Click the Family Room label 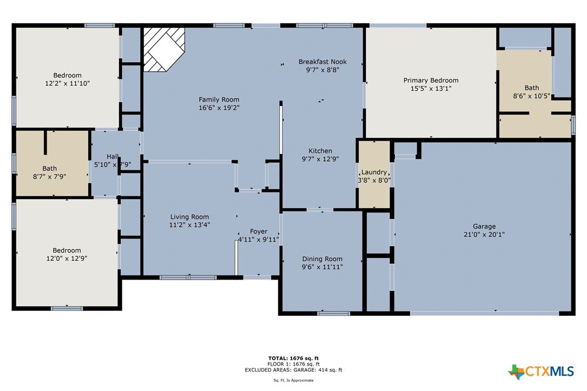219,100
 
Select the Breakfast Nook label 322,62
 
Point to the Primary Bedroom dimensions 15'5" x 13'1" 431,89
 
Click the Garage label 484,227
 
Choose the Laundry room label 374,172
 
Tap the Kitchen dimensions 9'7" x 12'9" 320,159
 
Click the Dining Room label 322,259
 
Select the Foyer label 259,231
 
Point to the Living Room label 189,217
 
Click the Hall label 113,156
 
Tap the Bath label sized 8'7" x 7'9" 49,168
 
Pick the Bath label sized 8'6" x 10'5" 532,88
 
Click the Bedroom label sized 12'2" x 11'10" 68,75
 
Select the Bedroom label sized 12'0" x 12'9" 67,250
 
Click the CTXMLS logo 541,372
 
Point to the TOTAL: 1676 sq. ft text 293,359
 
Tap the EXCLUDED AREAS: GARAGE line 293,370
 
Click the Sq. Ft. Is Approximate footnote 293,381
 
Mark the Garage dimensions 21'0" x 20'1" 484,235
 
